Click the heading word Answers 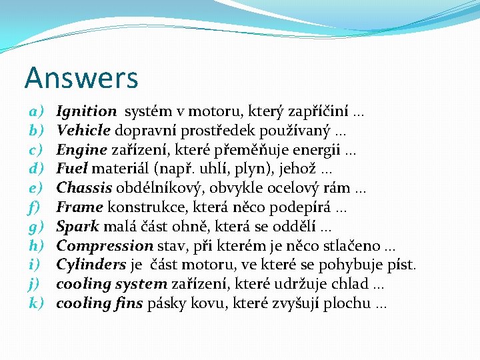(81, 78)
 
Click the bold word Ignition (87, 111)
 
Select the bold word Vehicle (84, 131)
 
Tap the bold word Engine (82, 150)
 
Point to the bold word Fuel (71, 169)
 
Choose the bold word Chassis (83, 188)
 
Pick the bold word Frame (79, 207)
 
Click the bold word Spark (77, 227)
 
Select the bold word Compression (105, 245)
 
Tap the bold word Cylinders (91, 265)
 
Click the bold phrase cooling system (111, 284)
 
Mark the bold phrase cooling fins (100, 303)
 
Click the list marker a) (37, 111)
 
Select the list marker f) (35, 207)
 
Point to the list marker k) (36, 303)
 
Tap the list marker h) (36, 245)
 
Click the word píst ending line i (401, 265)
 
